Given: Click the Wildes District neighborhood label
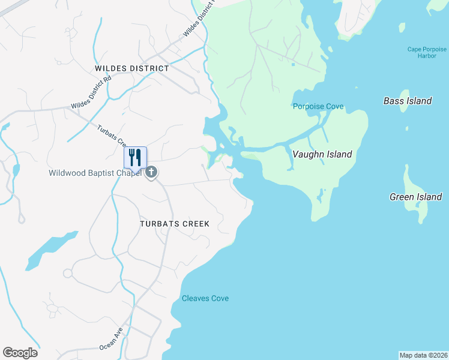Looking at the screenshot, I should click(x=132, y=68).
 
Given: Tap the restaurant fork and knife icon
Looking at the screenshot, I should click(x=135, y=157).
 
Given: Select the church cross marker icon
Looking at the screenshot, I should click(x=152, y=173).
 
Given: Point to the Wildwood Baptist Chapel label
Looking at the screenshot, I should click(x=95, y=173).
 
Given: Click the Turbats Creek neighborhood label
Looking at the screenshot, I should click(x=175, y=224).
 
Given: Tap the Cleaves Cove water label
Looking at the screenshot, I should click(x=205, y=298).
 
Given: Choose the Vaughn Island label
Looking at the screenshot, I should click(x=322, y=154).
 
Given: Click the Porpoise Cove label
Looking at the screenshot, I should click(x=318, y=107).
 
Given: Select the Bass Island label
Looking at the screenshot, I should click(x=408, y=101).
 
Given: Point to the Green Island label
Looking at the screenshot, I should click(x=415, y=196).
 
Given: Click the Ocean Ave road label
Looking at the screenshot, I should click(x=111, y=339).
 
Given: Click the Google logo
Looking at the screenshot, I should click(x=20, y=353).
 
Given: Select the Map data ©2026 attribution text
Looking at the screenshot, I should click(x=423, y=355).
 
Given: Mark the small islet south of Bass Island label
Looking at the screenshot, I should click(x=408, y=128).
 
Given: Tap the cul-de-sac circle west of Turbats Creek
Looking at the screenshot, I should click(x=67, y=274).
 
